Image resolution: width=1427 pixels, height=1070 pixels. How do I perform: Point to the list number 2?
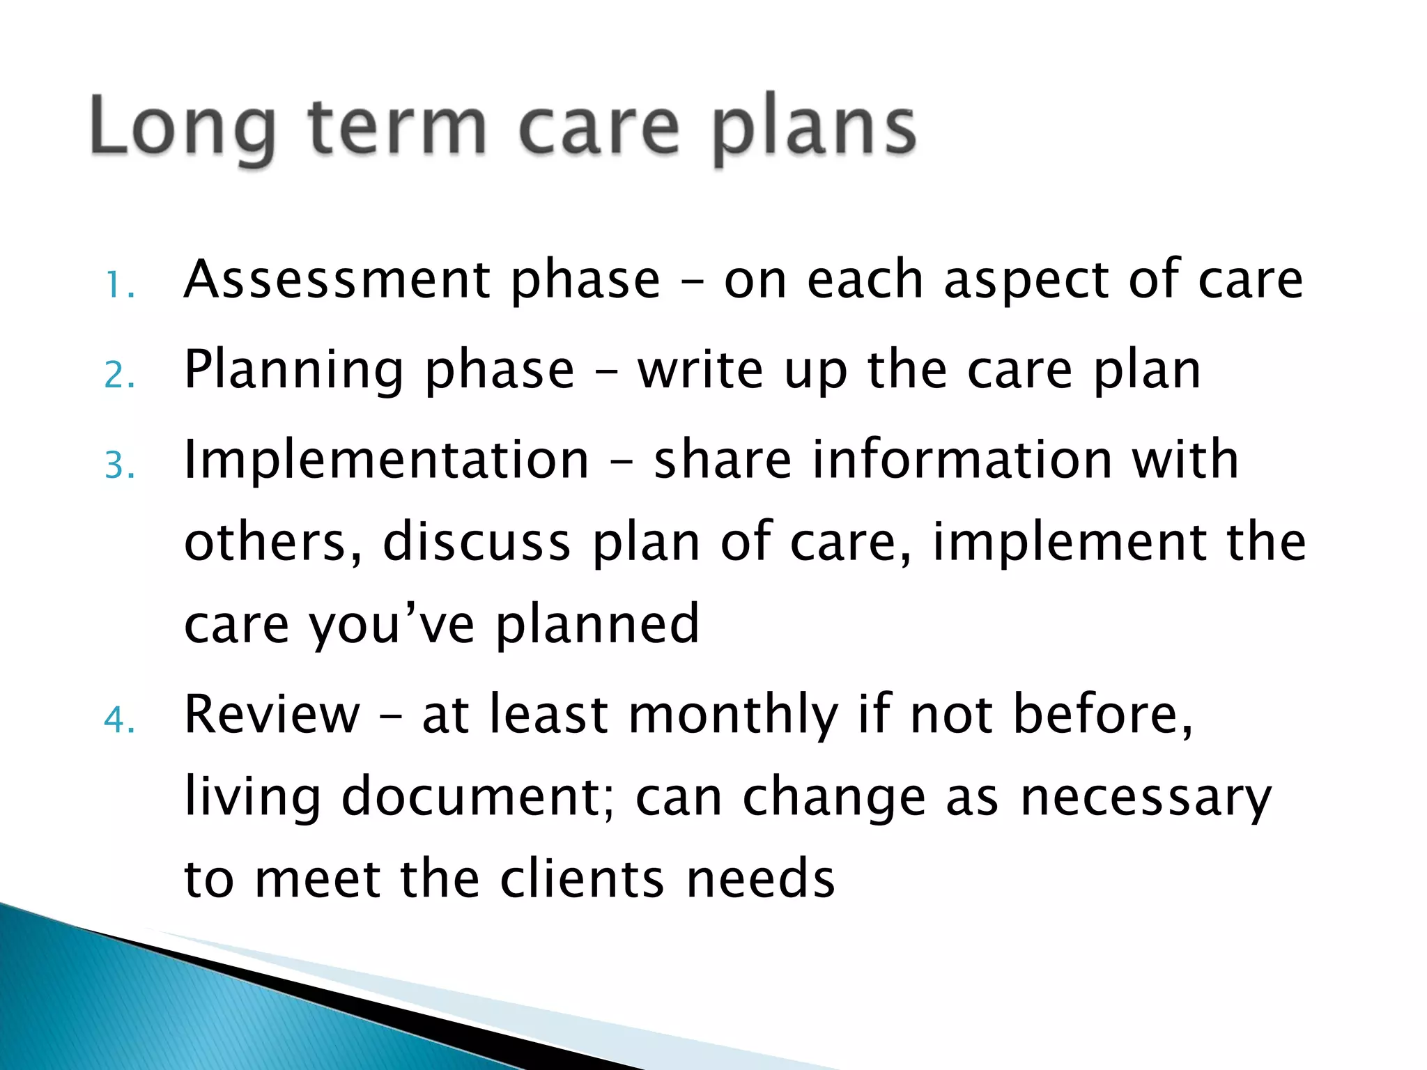coord(118,375)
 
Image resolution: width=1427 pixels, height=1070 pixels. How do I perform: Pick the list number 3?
coord(118,465)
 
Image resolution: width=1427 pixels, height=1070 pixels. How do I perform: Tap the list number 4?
coord(118,720)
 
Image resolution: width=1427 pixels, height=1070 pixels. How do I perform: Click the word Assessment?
coord(337,280)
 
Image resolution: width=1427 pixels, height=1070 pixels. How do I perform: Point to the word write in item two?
coord(700,370)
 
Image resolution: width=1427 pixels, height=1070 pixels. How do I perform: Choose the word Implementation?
coord(386,461)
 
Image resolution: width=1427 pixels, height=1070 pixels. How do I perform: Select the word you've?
coord(392,626)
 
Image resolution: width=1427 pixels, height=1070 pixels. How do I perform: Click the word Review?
coord(272,715)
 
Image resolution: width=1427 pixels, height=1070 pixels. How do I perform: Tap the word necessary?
coord(1146,799)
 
